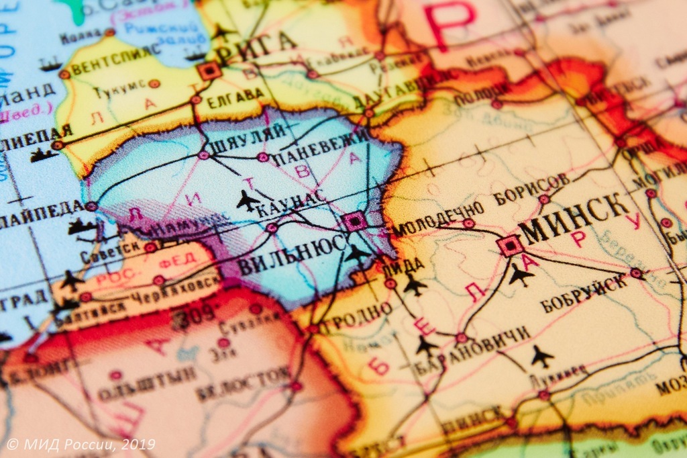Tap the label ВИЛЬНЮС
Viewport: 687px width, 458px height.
pos(292,254)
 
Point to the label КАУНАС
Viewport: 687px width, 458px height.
pos(290,201)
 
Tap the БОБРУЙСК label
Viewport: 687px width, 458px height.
pos(584,293)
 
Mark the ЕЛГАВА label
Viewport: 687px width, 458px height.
pos(235,95)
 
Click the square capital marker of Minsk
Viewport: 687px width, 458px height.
pos(511,246)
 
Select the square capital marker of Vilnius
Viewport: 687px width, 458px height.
pos(354,220)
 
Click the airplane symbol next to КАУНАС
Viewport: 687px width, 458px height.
pos(248,200)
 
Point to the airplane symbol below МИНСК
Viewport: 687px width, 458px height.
pos(521,274)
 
